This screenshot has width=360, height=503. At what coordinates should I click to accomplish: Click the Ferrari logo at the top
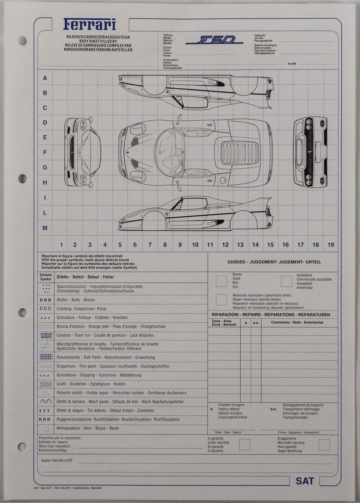pyautogui.click(x=90, y=24)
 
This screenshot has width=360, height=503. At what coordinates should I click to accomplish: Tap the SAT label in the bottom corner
pyautogui.click(x=305, y=481)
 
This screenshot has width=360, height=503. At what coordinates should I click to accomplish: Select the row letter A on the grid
pyautogui.click(x=45, y=78)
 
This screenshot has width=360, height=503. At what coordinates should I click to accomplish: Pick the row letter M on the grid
pyautogui.click(x=45, y=228)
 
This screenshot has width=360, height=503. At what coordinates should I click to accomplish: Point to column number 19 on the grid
pyautogui.click(x=330, y=245)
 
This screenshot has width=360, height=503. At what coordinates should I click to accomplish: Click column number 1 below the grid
pyautogui.click(x=61, y=245)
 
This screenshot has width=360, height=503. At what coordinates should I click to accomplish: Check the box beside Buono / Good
pyautogui.click(x=221, y=281)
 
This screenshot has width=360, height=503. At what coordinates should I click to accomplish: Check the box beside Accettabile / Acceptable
pyautogui.click(x=286, y=281)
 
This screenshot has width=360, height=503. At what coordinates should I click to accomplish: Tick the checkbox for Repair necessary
pyautogui.click(x=221, y=300)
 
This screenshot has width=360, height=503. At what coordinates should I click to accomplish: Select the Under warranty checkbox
pyautogui.click(x=244, y=444)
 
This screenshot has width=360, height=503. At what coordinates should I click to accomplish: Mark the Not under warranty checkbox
pyautogui.click(x=324, y=444)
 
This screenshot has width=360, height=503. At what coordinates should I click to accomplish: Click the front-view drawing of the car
pyautogui.click(x=82, y=152)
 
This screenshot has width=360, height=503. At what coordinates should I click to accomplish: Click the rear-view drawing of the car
pyautogui.click(x=310, y=152)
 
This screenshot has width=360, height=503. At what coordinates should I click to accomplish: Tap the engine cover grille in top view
pyautogui.click(x=239, y=152)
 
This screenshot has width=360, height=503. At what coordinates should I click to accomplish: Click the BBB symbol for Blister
pyautogui.click(x=46, y=300)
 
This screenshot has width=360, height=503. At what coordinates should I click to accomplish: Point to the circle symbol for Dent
pyautogui.click(x=46, y=429)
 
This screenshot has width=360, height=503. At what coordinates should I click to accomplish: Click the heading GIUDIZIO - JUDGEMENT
pyautogui.click(x=274, y=262)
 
